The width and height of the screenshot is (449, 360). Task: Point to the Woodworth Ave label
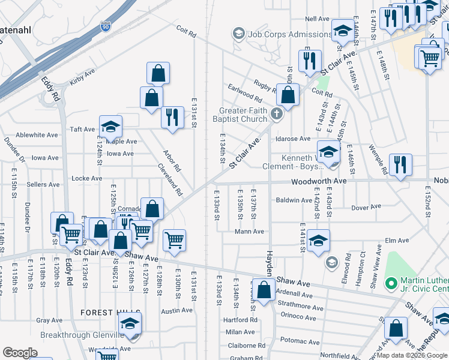coord(319,181)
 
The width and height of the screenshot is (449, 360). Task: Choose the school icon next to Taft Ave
coord(110,126)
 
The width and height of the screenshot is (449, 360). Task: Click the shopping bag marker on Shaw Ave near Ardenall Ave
coord(264,290)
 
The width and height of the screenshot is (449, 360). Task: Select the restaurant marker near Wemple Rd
coord(400,165)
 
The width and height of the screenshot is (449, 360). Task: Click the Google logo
coord(20,353)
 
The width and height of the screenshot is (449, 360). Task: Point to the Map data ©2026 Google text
coord(411,355)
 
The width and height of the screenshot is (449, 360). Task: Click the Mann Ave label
coord(249,232)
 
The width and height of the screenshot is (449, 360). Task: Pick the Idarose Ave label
coord(293,139)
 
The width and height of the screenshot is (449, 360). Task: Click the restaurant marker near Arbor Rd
coord(172,118)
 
